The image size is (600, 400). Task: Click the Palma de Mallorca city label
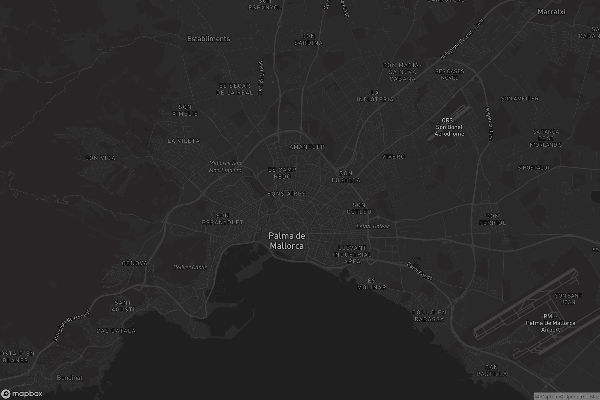pyautogui.click(x=287, y=241)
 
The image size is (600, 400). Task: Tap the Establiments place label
pyautogui.click(x=208, y=39)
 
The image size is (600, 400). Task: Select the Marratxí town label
pyautogui.click(x=551, y=12)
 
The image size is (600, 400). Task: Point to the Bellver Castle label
pyautogui.click(x=190, y=267)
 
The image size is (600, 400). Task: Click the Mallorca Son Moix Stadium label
pyautogui.click(x=225, y=166)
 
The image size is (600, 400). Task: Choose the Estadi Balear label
pyautogui.click(x=373, y=226)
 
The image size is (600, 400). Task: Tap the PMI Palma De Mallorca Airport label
pyautogui.click(x=550, y=323)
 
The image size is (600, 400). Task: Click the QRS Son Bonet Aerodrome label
pyautogui.click(x=449, y=127)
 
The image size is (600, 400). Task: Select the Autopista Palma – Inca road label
pyautogui.click(x=462, y=39)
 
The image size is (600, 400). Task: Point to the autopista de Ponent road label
pyautogui.click(x=72, y=325)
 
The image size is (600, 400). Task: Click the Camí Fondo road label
pyautogui.click(x=420, y=271)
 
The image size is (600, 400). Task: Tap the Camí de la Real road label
pyautogui.click(x=260, y=78)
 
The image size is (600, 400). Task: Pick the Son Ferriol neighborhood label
pyautogui.click(x=492, y=219)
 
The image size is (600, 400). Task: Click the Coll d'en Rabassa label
pyautogui.click(x=429, y=316)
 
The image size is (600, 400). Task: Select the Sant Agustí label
pyautogui.click(x=123, y=306)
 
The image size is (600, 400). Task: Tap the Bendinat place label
pyautogui.click(x=70, y=377)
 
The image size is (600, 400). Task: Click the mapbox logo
pyautogui.click(x=21, y=393)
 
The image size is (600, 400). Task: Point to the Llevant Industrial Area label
pyautogui.click(x=352, y=254)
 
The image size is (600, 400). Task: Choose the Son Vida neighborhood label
pyautogui.click(x=100, y=158)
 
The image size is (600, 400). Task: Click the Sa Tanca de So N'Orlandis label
pyautogui.click(x=546, y=138)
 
